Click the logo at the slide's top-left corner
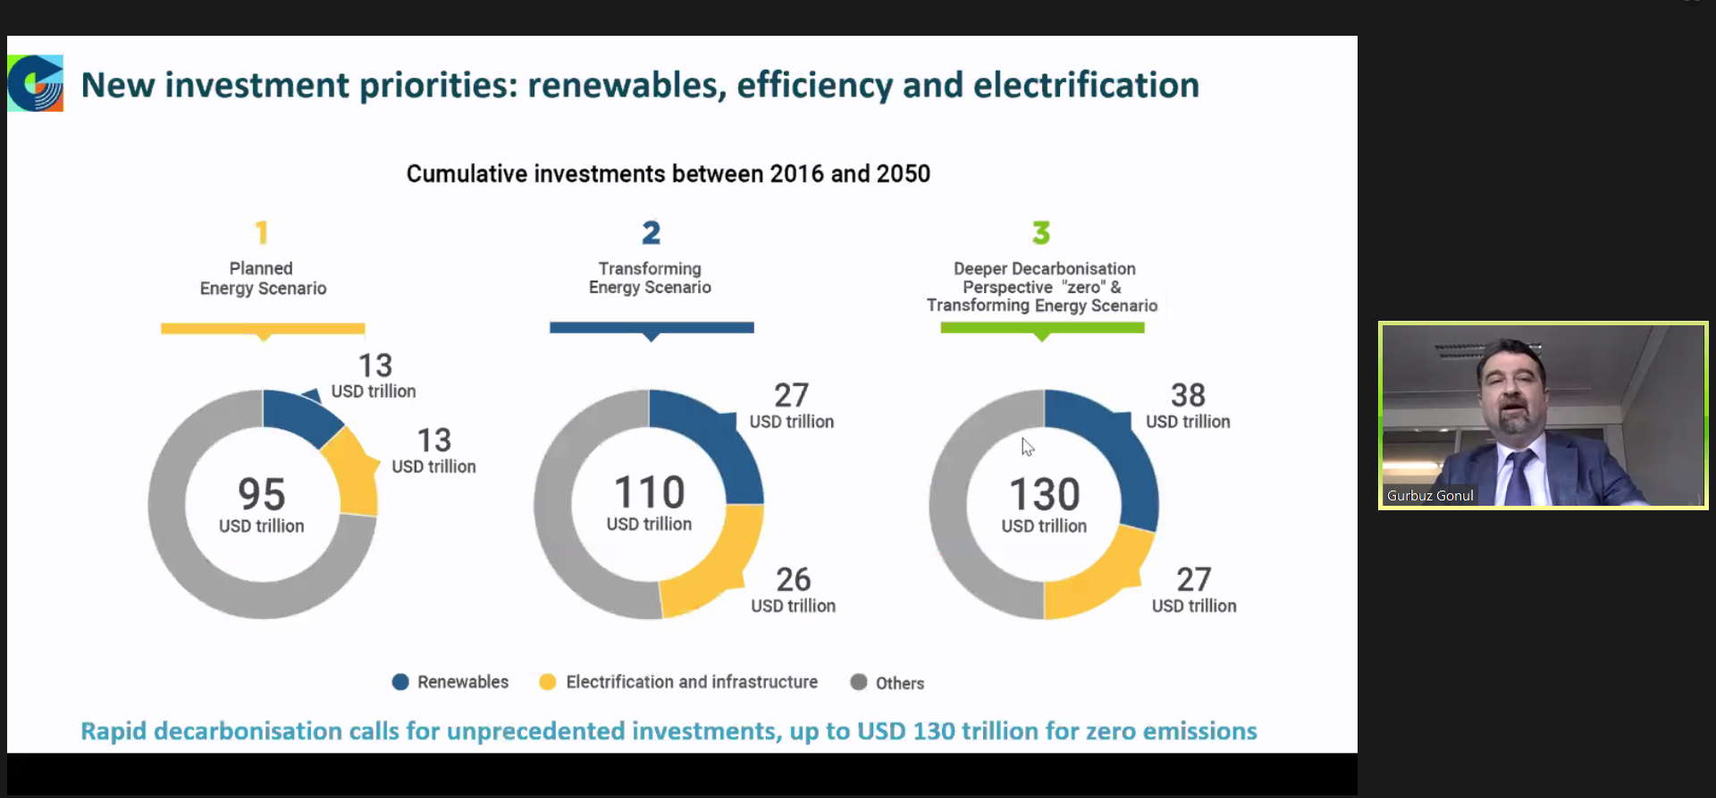(36, 83)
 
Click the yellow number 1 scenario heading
(261, 233)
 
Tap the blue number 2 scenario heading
(651, 233)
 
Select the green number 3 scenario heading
(1041, 233)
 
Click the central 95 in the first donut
(262, 494)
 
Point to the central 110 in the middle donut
(650, 492)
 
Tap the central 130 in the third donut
(1045, 494)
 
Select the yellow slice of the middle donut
(715, 563)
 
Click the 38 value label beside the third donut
(1188, 395)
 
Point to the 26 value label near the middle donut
(793, 580)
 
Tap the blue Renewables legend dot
(400, 682)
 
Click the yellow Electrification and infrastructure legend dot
(548, 682)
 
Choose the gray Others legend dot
(859, 682)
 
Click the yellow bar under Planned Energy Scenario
(263, 328)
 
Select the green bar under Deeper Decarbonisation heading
(1042, 328)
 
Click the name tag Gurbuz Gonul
(1430, 495)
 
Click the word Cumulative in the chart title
(464, 173)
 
